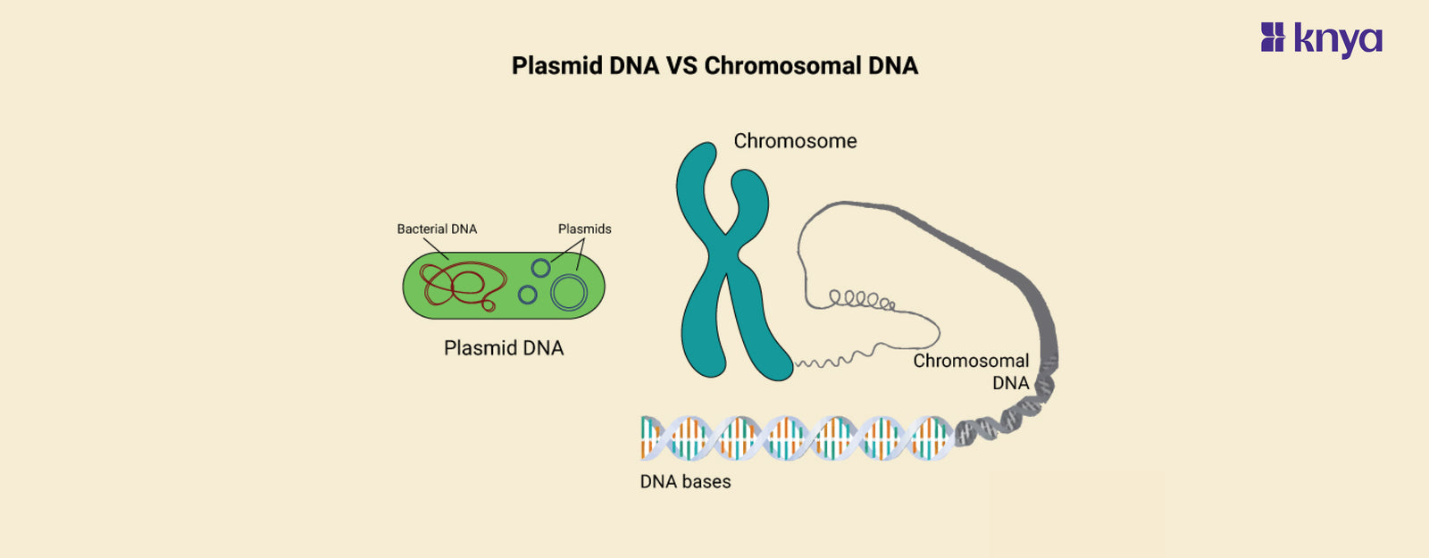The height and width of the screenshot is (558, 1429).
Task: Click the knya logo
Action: pyautogui.click(x=1322, y=39)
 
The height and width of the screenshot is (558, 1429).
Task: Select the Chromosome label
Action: pyautogui.click(x=795, y=141)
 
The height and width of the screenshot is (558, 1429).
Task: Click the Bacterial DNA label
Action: pyautogui.click(x=437, y=229)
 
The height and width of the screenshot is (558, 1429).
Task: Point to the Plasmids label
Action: pyautogui.click(x=584, y=229)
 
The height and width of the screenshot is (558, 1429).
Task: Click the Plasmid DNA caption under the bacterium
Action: pyautogui.click(x=504, y=348)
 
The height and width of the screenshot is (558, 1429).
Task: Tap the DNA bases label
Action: pyautogui.click(x=685, y=482)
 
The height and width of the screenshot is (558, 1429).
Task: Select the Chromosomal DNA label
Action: pyautogui.click(x=971, y=371)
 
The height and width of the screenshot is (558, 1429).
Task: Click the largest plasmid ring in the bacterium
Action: pyautogui.click(x=569, y=292)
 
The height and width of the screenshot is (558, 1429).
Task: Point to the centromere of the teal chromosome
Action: pyautogui.click(x=725, y=258)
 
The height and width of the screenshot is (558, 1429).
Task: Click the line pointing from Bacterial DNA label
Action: pyautogui.click(x=436, y=248)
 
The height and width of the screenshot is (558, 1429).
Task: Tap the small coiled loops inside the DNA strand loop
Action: pyautogui.click(x=861, y=300)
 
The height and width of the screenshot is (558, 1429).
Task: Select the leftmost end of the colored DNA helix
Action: pyautogui.click(x=646, y=437)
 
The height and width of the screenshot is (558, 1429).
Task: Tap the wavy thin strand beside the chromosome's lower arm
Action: pyautogui.click(x=826, y=362)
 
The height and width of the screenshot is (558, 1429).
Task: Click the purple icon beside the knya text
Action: pyautogui.click(x=1272, y=37)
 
